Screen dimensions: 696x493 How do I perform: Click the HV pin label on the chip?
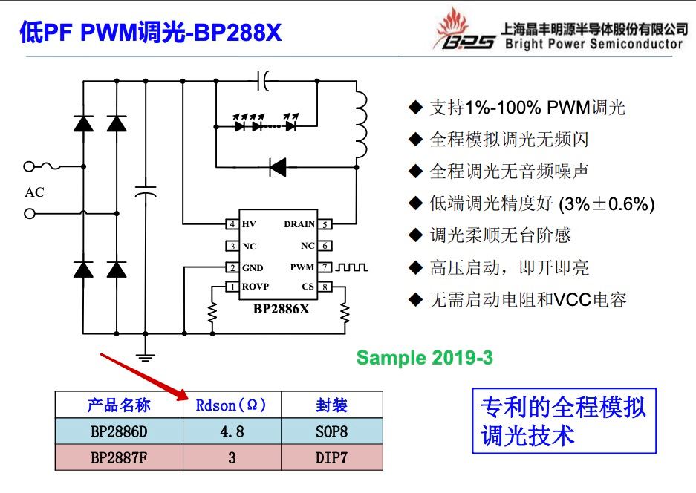(x=249, y=224)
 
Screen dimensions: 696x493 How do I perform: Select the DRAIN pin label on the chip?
(x=299, y=224)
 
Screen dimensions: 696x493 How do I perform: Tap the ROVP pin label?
(x=256, y=286)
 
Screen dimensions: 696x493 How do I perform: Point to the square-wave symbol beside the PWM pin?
(x=351, y=267)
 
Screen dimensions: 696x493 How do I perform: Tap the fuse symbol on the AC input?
(x=50, y=166)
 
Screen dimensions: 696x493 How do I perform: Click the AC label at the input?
(x=35, y=192)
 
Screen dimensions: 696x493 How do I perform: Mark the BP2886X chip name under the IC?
(x=281, y=308)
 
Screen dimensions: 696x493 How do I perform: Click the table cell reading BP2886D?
(x=119, y=431)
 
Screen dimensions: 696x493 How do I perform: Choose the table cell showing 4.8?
(x=232, y=431)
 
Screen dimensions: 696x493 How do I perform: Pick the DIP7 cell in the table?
(x=331, y=457)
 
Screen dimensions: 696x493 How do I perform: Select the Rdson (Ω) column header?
(x=231, y=405)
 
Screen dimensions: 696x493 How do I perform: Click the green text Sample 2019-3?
(x=424, y=358)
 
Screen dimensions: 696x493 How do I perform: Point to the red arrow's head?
(x=183, y=395)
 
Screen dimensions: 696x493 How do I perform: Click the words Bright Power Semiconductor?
(x=594, y=44)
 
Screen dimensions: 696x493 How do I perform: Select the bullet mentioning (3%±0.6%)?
(x=532, y=203)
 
